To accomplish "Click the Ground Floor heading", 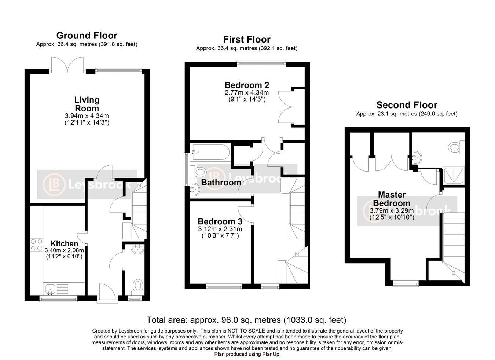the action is (x=87, y=36).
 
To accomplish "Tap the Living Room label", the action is (x=87, y=104).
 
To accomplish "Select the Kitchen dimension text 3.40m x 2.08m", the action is (x=64, y=250).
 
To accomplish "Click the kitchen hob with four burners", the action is (x=37, y=245).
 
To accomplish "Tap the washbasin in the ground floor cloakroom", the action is (x=137, y=249).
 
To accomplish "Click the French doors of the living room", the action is (x=67, y=65).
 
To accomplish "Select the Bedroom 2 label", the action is (x=247, y=85).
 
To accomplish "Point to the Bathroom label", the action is (x=221, y=183).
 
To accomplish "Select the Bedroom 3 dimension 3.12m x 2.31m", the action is (x=220, y=229).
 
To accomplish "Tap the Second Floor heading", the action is (x=407, y=105).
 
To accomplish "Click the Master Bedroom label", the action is (x=392, y=199).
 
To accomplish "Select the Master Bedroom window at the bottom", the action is (x=406, y=283).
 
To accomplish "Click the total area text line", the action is (x=246, y=320).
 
